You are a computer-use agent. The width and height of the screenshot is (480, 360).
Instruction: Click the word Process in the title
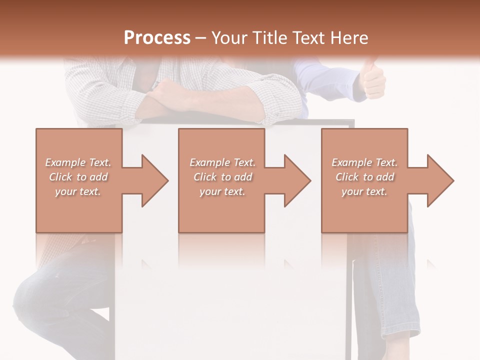click(x=157, y=38)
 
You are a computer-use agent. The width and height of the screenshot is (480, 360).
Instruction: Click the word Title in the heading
click(x=270, y=38)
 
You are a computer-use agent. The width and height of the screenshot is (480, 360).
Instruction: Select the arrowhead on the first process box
click(x=152, y=180)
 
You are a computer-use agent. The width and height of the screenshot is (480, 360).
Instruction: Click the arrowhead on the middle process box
click(x=295, y=180)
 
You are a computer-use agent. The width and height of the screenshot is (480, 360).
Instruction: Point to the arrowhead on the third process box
click(x=438, y=180)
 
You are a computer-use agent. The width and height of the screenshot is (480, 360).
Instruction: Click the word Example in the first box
click(x=65, y=162)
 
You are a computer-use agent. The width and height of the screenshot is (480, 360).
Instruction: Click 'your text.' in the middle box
click(x=222, y=191)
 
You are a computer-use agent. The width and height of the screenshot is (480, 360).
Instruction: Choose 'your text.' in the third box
click(x=364, y=191)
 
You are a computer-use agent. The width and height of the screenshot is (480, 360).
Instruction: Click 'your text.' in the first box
click(x=78, y=191)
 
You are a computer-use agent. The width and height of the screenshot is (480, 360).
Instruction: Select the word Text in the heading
click(x=308, y=38)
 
